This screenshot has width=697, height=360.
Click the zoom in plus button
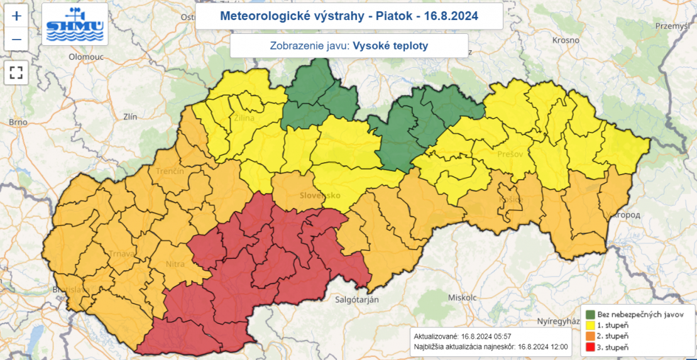(16, 16)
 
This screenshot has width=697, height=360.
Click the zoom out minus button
(16, 40)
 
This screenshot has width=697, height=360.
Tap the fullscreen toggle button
(16, 72)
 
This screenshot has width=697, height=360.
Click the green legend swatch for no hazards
(591, 314)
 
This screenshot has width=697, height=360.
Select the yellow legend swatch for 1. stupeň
(591, 325)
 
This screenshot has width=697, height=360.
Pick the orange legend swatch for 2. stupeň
(591, 336)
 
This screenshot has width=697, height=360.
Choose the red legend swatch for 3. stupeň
(591, 347)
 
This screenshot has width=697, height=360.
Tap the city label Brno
(18, 123)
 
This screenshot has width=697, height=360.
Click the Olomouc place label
(85, 57)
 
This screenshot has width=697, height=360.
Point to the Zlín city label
(131, 117)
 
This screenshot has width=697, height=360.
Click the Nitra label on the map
(175, 264)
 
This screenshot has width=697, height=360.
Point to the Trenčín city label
(170, 171)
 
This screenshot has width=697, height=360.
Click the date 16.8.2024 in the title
(449, 16)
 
